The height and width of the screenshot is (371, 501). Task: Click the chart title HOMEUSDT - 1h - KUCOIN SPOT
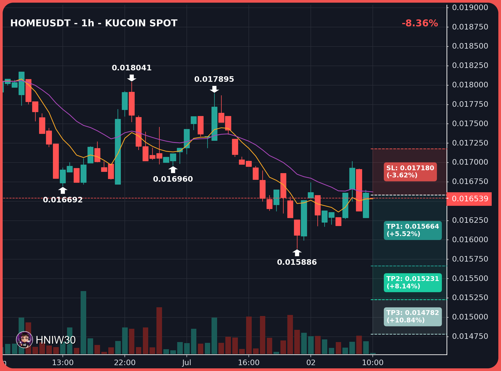tap(94, 23)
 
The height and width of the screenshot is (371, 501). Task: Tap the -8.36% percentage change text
tap(420, 23)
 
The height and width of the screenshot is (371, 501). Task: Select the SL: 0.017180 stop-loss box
tap(410, 172)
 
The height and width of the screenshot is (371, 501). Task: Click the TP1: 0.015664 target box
tap(413, 230)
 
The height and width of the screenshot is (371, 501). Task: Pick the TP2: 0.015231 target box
tap(413, 283)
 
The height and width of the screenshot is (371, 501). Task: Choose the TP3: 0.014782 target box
tap(413, 317)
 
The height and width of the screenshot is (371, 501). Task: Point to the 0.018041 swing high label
tap(132, 68)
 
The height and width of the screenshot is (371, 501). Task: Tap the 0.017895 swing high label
tap(214, 79)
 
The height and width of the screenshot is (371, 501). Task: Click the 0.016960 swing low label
tap(173, 179)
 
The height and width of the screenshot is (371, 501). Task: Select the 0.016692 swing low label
tap(63, 200)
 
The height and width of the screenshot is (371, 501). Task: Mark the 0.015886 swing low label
tap(297, 262)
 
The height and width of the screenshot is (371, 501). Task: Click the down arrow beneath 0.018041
tap(132, 78)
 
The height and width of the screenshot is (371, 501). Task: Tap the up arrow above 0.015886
tap(297, 253)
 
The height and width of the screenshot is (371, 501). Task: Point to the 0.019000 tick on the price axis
tap(470, 7)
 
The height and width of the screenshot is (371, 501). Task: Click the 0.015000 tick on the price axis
tap(470, 317)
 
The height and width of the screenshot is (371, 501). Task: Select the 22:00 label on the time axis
tap(125, 363)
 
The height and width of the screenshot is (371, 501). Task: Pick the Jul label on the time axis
tap(187, 363)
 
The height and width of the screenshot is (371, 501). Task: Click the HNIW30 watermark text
tap(56, 340)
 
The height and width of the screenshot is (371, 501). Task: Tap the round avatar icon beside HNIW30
tap(24, 340)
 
